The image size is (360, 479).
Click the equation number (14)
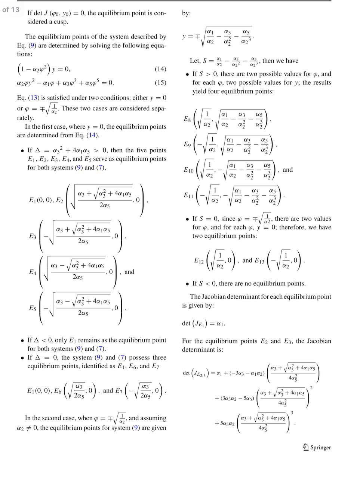coord(160,69)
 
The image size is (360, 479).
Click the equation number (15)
coord(160,83)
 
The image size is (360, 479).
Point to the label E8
coord(187,119)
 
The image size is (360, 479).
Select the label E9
coord(187,144)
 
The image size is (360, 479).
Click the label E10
coord(188,170)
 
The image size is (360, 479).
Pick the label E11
coord(188,195)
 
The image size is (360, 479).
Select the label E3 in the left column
coord(33,236)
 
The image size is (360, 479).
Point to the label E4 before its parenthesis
coord(33,272)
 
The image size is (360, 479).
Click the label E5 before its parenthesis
coord(33,308)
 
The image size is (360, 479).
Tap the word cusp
coord(61,22)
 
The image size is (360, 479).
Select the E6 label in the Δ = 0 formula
coord(58,391)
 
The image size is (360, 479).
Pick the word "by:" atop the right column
coord(186,13)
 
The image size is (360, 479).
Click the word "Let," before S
coord(195,61)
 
